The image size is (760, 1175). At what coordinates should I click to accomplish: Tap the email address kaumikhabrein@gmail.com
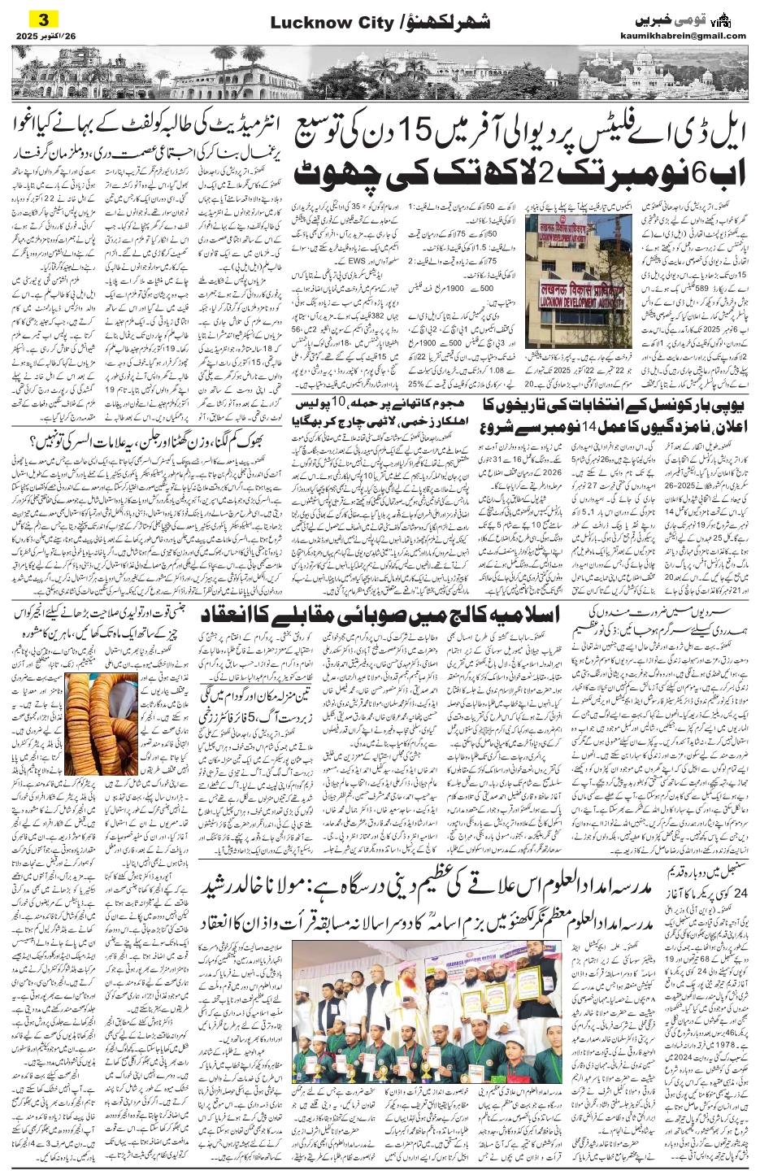click(x=693, y=36)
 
